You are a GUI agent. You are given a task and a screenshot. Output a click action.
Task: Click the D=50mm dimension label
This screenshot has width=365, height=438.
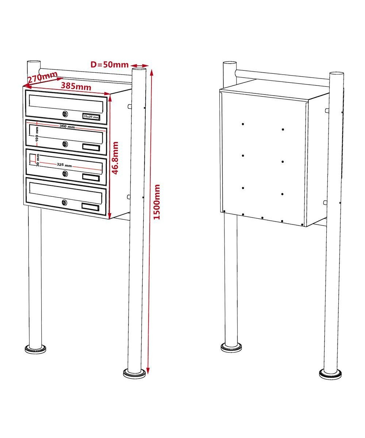point(109,64)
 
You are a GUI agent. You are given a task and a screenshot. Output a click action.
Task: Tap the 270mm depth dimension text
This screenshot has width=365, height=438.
point(43,77)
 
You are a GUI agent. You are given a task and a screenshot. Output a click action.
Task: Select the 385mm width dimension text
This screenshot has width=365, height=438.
point(76,86)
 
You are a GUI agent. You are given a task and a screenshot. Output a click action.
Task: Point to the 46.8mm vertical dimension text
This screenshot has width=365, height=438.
point(115,158)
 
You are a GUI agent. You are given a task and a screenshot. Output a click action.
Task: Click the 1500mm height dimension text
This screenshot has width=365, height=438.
point(157,202)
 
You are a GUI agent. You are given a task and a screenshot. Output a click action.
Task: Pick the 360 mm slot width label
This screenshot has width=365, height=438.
point(67,127)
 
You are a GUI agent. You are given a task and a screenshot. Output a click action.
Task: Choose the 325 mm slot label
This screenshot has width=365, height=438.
point(64,165)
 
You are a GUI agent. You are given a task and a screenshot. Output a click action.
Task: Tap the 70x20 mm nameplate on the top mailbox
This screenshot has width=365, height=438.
point(91,117)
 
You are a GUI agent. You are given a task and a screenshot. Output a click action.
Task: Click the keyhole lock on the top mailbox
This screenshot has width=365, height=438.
point(65,114)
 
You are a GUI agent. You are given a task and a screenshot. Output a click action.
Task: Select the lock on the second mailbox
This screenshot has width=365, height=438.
point(65,144)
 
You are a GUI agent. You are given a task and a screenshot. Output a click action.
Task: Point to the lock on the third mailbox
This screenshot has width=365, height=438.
point(65,173)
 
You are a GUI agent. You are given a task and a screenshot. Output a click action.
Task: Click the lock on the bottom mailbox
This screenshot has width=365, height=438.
point(65,203)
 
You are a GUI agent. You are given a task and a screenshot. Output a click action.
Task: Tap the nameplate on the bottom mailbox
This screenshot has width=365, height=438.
point(90,207)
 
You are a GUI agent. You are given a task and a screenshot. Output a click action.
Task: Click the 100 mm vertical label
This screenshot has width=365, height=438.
point(37,134)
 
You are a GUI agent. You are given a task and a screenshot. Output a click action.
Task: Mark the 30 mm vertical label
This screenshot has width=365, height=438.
point(38,160)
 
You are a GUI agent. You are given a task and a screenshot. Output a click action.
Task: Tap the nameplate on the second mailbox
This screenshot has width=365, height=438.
point(91,147)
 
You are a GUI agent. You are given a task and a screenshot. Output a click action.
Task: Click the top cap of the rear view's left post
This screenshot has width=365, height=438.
point(230,63)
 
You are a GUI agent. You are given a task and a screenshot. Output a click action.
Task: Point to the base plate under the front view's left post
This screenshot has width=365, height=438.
point(35,349)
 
